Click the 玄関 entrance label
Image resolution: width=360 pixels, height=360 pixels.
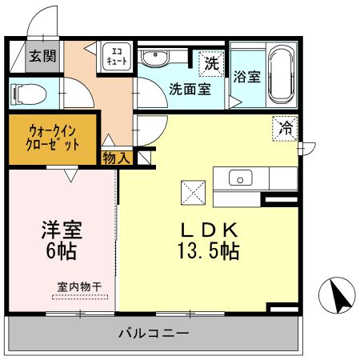coord(42,56)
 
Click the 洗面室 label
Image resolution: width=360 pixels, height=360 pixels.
coord(190,88)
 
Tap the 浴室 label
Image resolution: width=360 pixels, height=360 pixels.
coord(247,78)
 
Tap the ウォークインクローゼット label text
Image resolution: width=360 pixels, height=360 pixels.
coord(54,137)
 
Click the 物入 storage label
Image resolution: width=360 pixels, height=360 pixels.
coord(117,158)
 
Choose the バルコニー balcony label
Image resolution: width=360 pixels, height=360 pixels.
coord(154,332)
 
